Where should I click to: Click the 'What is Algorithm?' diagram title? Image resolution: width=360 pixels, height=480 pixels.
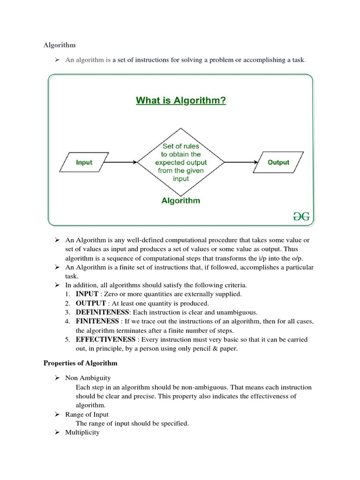pos(180,100)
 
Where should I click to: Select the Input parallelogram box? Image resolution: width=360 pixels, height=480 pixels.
pos(84,162)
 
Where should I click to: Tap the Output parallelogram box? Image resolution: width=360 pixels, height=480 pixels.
pos(278,162)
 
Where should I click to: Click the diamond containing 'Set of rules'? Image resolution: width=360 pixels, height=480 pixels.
pos(180,162)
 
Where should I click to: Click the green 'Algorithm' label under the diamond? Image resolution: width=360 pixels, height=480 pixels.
pos(180,201)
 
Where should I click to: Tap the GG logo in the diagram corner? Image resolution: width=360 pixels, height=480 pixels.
pos(301,216)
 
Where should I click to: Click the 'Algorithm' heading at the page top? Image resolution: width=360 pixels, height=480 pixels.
pos(60,45)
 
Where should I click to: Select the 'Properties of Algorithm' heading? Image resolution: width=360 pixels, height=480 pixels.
pos(80,363)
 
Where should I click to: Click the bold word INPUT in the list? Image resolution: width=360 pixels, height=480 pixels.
pos(87,294)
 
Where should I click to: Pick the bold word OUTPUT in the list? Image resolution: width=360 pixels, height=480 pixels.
pos(91,303)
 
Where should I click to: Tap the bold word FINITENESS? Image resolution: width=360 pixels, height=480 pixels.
pos(97,321)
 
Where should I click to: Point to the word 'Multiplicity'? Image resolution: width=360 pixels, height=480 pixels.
pos(82,432)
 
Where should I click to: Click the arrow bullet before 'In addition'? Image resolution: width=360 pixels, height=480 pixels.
pos(56,285)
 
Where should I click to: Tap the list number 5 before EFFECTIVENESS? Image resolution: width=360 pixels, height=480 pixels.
pos(68,339)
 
